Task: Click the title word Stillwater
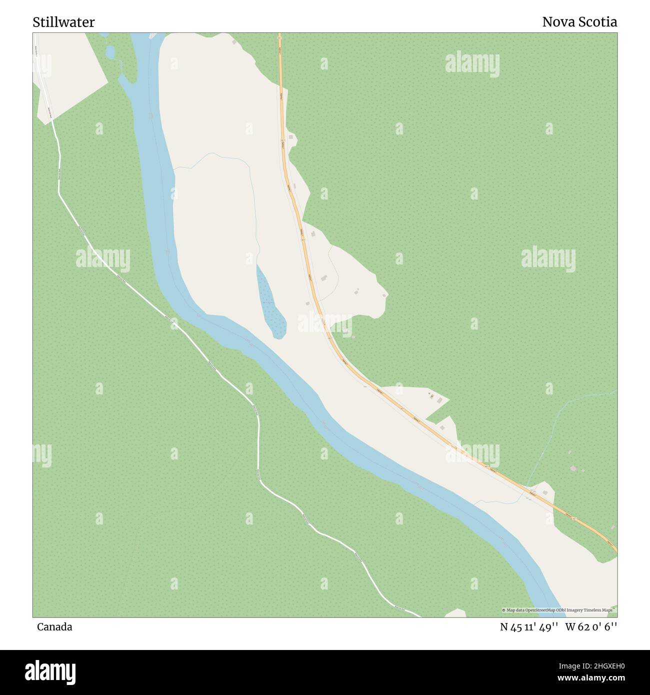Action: pos(63,22)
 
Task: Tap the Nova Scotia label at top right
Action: pos(579,22)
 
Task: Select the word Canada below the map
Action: pos(54,626)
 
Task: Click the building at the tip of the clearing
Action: pos(384,295)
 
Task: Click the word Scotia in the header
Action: pos(599,22)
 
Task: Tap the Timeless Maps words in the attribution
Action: pos(600,610)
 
